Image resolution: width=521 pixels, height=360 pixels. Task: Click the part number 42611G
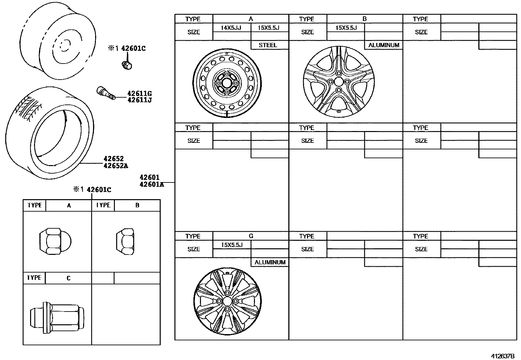tap(139, 93)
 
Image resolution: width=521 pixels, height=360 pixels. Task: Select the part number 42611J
tap(139, 100)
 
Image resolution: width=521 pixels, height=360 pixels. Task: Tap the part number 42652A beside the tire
tap(116, 166)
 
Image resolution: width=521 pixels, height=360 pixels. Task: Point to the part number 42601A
tap(152, 184)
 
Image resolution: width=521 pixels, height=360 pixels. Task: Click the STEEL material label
tap(268, 45)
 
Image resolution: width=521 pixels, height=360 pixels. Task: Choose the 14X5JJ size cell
tap(231, 28)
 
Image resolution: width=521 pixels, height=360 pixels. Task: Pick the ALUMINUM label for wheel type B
tap(384, 45)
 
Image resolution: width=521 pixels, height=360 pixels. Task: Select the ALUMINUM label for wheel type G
tap(270, 262)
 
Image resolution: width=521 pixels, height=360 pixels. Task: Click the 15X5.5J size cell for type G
tap(232, 245)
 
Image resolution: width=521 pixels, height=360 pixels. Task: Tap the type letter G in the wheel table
tap(251, 236)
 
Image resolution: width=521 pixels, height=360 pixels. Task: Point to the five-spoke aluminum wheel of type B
tap(339, 82)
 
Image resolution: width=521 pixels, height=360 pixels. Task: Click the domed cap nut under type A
tap(55, 242)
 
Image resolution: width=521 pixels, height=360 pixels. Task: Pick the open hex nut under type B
tap(126, 242)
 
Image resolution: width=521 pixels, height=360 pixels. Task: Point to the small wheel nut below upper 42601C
tap(127, 65)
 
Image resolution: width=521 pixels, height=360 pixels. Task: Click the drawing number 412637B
tap(502, 356)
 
